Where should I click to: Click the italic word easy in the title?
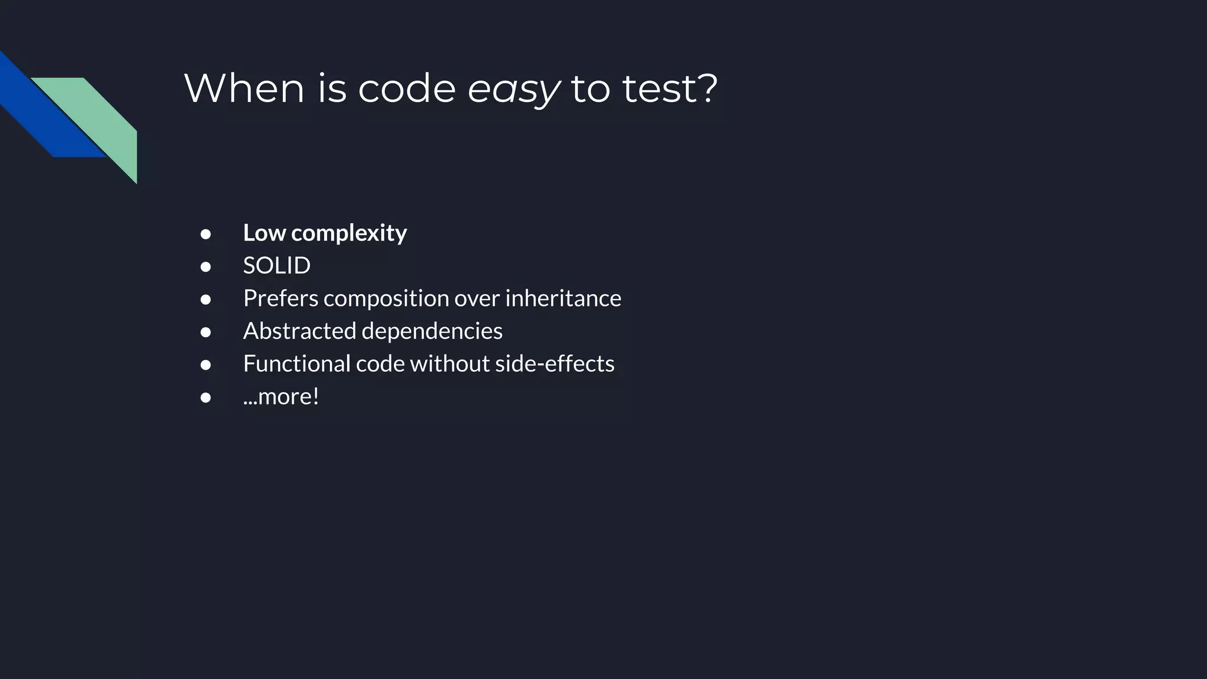coord(513,90)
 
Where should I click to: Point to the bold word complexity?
coord(349,233)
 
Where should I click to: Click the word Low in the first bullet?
coord(265,233)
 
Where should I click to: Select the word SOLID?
coord(276,266)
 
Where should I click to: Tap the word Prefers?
coord(281,298)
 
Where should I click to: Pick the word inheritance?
coord(563,298)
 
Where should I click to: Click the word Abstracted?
coord(299,331)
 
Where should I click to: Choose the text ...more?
coord(281,396)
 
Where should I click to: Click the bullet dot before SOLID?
coord(206,267)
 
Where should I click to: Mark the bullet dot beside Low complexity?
coord(206,235)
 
